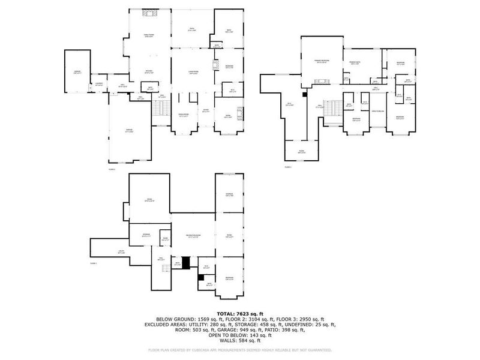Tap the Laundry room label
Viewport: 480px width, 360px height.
click(98, 84)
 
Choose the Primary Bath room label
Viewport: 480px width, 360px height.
click(355, 64)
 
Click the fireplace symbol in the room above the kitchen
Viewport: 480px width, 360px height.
click(148, 13)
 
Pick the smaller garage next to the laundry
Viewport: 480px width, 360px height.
click(77, 72)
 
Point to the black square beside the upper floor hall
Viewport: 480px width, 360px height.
click(305, 94)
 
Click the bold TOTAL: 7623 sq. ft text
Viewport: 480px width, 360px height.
click(240, 314)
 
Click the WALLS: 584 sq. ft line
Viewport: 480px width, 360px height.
click(240, 339)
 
